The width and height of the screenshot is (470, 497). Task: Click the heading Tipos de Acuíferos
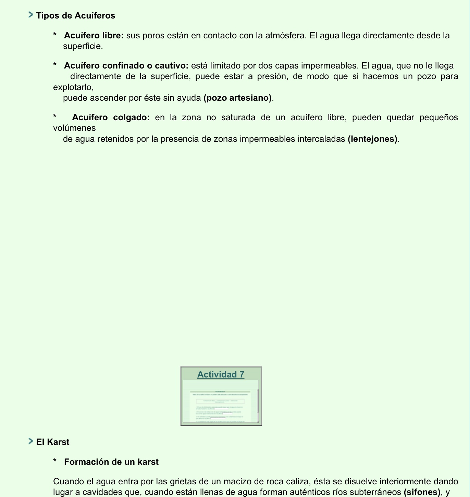(x=75, y=16)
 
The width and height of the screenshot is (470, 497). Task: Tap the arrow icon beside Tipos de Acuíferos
(x=31, y=15)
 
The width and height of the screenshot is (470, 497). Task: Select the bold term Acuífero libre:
(x=94, y=36)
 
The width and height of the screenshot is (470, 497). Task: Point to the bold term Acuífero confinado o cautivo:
(x=126, y=66)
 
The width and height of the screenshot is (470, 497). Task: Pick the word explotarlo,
(x=73, y=87)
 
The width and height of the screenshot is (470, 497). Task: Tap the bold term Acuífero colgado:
(x=111, y=117)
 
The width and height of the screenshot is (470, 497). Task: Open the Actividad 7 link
(x=221, y=374)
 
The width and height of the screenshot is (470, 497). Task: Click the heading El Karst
(x=53, y=442)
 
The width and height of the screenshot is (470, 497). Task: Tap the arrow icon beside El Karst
(x=31, y=441)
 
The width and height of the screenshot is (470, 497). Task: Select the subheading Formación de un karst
(x=111, y=462)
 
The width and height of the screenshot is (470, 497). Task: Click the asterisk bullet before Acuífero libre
(x=55, y=35)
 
